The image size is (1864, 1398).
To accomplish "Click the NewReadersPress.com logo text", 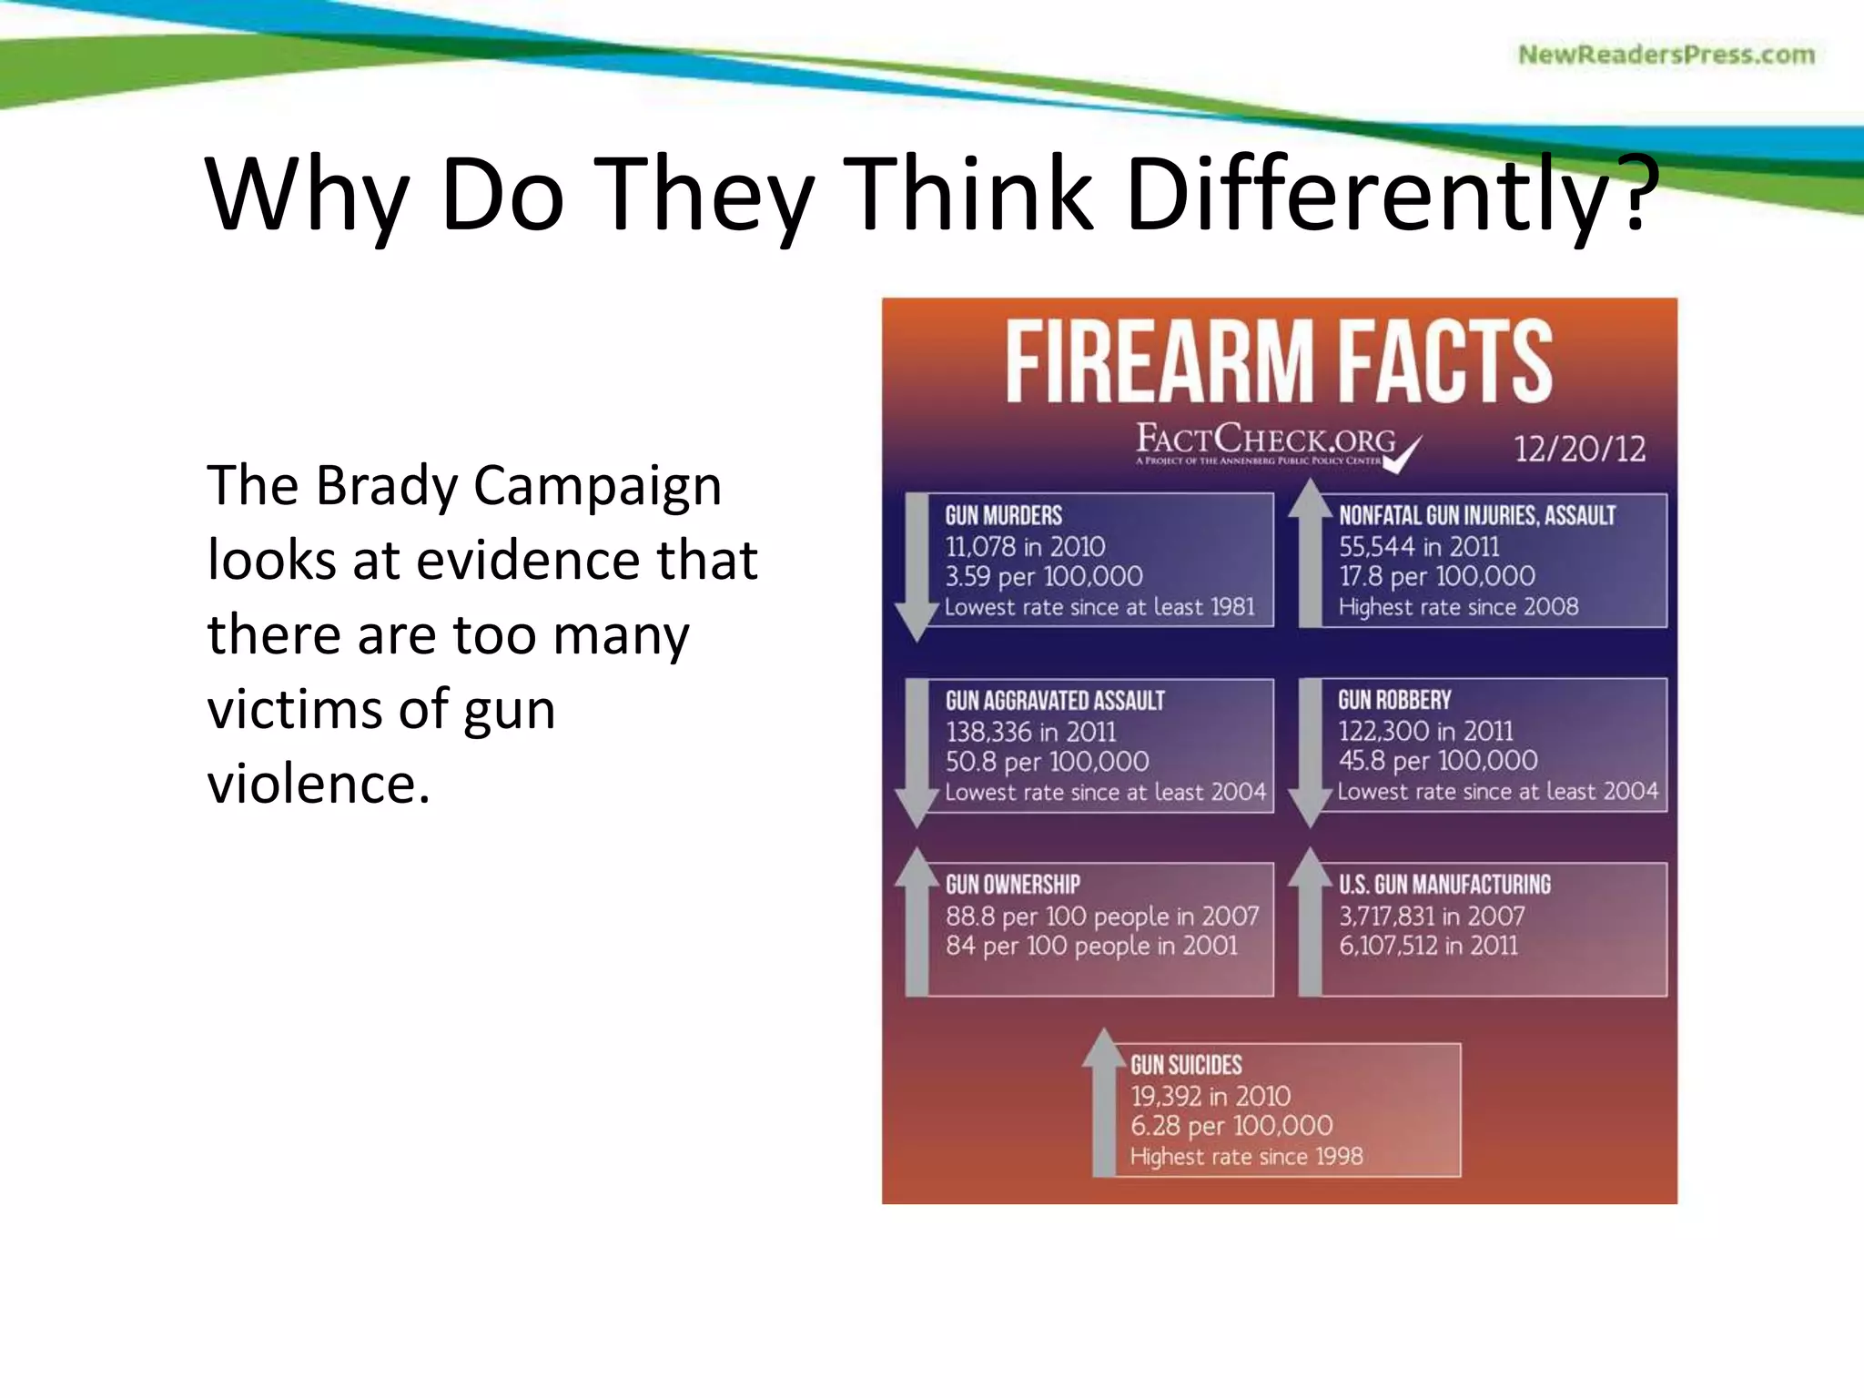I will (1666, 55).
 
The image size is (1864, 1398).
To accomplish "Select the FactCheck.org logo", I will (1274, 443).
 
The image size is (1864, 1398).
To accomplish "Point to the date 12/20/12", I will (1579, 449).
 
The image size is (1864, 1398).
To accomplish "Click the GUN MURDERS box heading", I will (1003, 515).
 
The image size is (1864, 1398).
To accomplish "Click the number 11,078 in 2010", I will (1025, 546).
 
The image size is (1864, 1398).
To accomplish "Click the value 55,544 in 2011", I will (1418, 546).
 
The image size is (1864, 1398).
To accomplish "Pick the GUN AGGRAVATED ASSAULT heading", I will (1054, 700).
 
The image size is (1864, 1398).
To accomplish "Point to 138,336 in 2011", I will (1030, 731).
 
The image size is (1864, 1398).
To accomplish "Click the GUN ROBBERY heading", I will (1394, 699).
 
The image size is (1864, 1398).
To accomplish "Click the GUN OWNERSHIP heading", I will (1012, 884).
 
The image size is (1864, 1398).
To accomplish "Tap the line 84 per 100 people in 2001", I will (1091, 946).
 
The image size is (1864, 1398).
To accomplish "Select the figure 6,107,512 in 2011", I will (1428, 946).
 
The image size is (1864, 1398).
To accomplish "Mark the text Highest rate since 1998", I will (1246, 1157).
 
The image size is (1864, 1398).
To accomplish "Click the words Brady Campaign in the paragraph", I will (519, 485).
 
